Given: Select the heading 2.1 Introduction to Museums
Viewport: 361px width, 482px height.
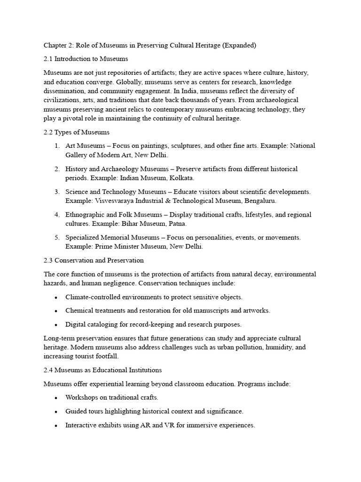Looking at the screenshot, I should [x=86, y=59].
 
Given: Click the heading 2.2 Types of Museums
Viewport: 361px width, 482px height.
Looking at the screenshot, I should [x=77, y=132].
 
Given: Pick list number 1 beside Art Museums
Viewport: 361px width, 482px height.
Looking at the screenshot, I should [x=56, y=146].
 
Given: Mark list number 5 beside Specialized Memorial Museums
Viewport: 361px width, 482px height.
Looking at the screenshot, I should [x=56, y=238].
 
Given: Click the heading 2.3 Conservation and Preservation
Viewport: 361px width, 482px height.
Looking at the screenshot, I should [x=94, y=260].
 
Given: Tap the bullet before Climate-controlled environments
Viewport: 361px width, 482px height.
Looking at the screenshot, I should [x=56, y=297].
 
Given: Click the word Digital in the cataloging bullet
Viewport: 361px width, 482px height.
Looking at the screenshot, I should [x=75, y=324].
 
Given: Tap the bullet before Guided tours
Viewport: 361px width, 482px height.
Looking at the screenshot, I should [x=56, y=411].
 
